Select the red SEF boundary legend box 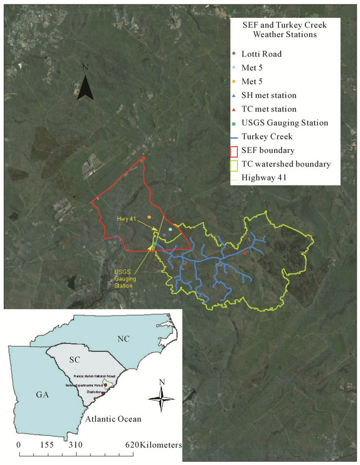(x=235, y=151)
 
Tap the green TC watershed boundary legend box (x=235, y=165)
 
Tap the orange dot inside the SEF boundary (x=149, y=217)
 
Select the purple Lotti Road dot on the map (x=164, y=235)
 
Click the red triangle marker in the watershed (x=245, y=253)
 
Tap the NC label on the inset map (x=124, y=339)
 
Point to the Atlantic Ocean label (x=111, y=419)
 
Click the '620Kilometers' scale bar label (x=153, y=445)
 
